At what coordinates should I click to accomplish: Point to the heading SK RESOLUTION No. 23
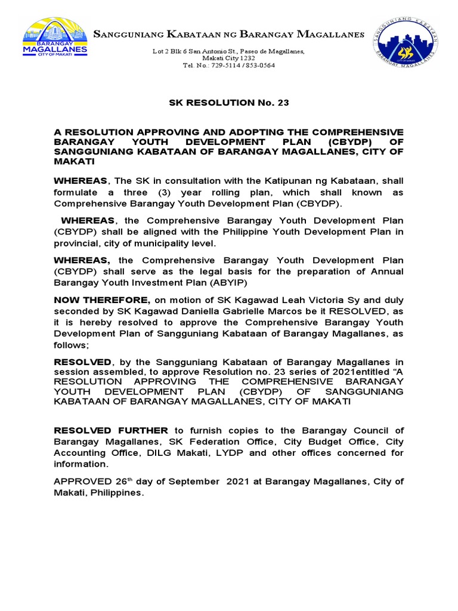229,103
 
